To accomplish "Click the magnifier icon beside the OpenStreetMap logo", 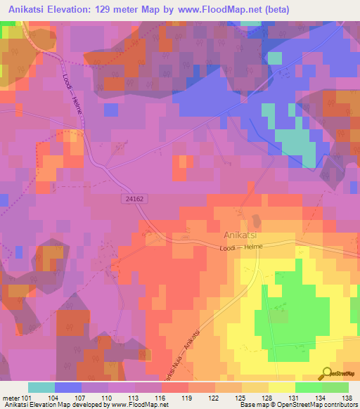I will (x=326, y=373).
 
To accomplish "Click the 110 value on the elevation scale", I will (x=108, y=397).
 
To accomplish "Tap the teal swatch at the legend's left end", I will (x=41, y=387).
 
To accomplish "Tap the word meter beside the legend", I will (x=13, y=397).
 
